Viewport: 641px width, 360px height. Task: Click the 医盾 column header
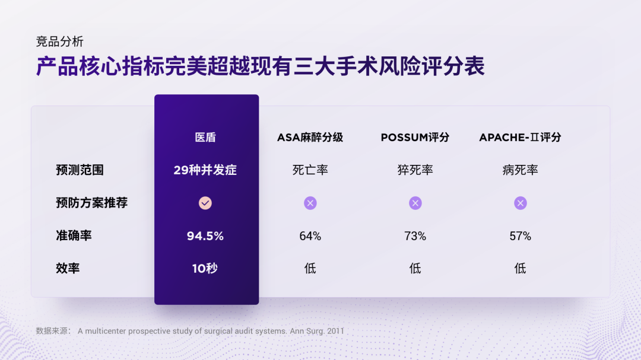click(x=205, y=138)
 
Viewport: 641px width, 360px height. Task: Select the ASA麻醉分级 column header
click(x=310, y=138)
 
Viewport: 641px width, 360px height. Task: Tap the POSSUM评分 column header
click(x=415, y=138)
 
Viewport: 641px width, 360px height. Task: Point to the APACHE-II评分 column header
click(x=520, y=138)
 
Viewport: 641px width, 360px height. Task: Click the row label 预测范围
click(x=80, y=170)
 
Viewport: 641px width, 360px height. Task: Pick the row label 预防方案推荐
click(x=91, y=203)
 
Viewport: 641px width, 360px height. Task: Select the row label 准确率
click(x=74, y=235)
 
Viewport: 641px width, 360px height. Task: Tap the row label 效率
click(x=68, y=268)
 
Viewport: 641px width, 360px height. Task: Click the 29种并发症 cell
click(x=205, y=170)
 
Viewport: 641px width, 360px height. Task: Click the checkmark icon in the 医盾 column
click(x=205, y=203)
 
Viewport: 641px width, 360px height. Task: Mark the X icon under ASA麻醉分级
click(x=310, y=203)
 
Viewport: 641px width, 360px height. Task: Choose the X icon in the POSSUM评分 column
click(x=415, y=203)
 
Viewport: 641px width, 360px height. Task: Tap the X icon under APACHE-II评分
click(x=521, y=203)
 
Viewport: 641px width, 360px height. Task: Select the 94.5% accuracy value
click(x=205, y=236)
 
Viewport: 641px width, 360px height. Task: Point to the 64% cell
click(x=310, y=236)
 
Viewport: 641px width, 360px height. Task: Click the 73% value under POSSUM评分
click(x=415, y=236)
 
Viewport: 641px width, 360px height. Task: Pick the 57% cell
click(x=520, y=236)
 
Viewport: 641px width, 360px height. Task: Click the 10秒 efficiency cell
click(x=205, y=268)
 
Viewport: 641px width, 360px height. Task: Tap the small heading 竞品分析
click(x=59, y=42)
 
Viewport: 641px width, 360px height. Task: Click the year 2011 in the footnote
click(x=335, y=331)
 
